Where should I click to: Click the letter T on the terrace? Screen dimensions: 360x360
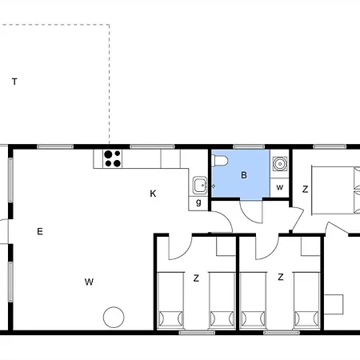[x=14, y=82]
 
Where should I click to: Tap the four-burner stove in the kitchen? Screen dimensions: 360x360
[x=112, y=158]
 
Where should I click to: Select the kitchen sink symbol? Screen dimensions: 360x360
[x=200, y=185]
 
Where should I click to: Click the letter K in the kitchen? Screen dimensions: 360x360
[x=153, y=194]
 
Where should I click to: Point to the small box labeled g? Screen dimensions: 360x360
[x=198, y=203]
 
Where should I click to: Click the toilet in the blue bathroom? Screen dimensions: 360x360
[x=220, y=161]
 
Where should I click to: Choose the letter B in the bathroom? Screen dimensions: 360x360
[x=244, y=175]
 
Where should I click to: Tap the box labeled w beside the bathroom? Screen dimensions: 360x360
[x=279, y=188]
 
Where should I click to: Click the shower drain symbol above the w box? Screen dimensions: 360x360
[x=280, y=164]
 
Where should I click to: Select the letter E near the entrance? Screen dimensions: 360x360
[x=40, y=231]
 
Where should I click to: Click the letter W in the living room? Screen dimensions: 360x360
[x=89, y=282]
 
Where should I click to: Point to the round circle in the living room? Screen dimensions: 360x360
[x=114, y=318]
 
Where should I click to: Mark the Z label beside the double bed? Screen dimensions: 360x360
[x=306, y=190]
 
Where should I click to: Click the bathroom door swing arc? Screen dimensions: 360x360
[x=246, y=216]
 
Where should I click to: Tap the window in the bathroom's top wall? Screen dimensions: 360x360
[x=249, y=146]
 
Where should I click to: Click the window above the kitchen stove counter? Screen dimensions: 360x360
[x=152, y=146]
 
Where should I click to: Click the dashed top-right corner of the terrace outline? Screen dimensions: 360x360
[x=109, y=25]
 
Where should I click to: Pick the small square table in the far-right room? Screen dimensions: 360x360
[x=334, y=304]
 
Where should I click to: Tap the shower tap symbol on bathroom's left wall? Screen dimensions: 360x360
[x=213, y=186]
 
